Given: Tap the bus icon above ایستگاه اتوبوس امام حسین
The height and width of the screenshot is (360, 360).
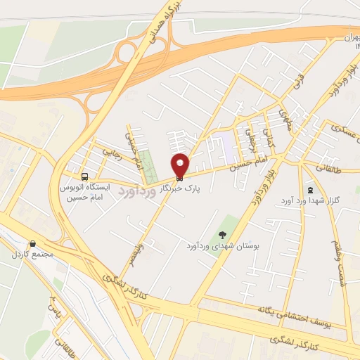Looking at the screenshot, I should [x=85, y=176].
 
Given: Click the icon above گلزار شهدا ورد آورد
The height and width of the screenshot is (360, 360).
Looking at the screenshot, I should [x=311, y=190].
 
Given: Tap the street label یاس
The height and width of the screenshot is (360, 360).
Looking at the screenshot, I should [x=55, y=306].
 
